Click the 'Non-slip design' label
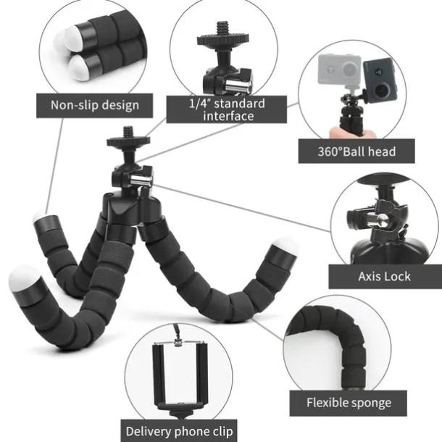point(94,105)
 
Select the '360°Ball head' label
point(358,151)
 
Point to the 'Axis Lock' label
point(385,276)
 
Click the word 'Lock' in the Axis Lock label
point(398,276)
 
